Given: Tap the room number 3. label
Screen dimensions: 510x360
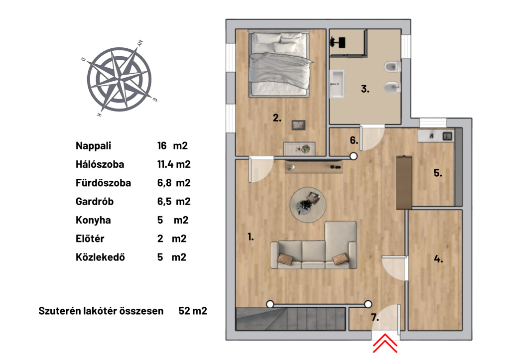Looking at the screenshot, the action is (365, 89).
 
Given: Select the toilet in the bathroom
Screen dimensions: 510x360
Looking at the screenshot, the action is (392, 67).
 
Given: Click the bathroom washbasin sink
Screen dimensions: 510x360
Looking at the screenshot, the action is (337, 84).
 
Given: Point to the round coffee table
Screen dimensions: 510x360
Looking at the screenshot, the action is (308, 205).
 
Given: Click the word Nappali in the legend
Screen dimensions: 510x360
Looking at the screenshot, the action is (93, 146).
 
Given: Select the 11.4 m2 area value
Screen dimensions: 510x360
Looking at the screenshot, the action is (174, 164).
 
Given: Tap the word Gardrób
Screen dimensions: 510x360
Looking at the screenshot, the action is (95, 202).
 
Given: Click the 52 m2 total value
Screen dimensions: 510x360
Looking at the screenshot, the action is (193, 311).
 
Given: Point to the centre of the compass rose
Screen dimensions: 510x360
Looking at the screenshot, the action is (120, 79).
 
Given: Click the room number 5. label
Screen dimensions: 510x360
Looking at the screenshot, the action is (438, 173).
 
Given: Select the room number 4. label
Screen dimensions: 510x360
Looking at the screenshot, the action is (438, 259).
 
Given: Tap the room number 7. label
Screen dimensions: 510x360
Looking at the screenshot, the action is (375, 317).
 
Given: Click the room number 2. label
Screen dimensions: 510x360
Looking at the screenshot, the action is (277, 118).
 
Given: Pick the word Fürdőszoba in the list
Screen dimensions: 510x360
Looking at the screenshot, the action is (104, 183).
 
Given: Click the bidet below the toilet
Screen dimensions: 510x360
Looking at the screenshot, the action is (392, 87).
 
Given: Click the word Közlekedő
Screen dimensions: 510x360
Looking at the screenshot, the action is (100, 257).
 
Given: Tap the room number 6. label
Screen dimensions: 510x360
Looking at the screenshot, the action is (354, 140).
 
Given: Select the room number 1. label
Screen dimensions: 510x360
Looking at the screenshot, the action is (251, 237).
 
